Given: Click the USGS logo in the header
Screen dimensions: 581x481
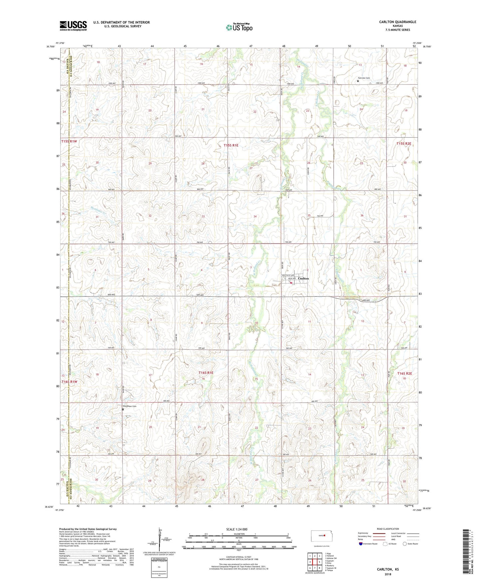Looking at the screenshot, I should pyautogui.click(x=73, y=26).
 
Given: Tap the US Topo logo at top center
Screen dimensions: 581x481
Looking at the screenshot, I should pyautogui.click(x=239, y=27).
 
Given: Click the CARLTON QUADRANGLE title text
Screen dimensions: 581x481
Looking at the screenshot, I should pyautogui.click(x=397, y=22).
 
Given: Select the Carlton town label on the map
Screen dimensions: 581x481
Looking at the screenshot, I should pyautogui.click(x=303, y=278).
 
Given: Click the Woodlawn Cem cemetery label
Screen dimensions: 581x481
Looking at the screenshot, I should pyautogui.click(x=130, y=406).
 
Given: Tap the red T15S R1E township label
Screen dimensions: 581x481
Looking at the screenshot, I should pyautogui.click(x=231, y=145).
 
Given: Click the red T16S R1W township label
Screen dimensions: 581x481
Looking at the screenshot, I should pyautogui.click(x=69, y=381).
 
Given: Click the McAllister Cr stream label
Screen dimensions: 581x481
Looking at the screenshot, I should pyautogui.click(x=88, y=212).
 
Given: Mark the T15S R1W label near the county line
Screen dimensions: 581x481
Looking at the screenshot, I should pyautogui.click(x=69, y=141).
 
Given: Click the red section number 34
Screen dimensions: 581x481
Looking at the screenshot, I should pyautogui.click(x=255, y=216).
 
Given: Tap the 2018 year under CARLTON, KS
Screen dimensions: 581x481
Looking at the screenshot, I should pyautogui.click(x=387, y=574).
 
